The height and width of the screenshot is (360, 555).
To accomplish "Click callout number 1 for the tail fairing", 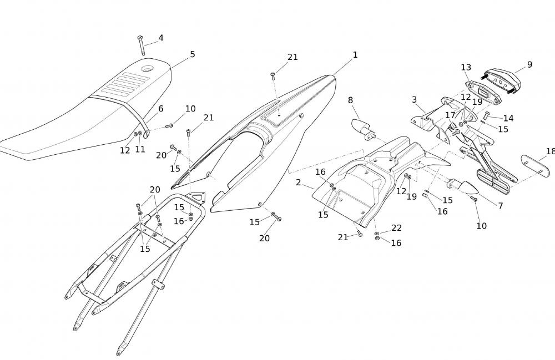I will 355,55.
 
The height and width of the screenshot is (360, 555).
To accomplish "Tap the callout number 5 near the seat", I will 193,54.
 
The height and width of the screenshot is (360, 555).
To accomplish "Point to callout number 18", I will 550,151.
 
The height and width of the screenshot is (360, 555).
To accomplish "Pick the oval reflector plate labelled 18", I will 536,166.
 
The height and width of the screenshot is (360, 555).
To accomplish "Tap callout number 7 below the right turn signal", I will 500,206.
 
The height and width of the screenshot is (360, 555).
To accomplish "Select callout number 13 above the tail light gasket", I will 466,68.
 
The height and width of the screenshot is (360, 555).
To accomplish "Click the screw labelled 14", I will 486,116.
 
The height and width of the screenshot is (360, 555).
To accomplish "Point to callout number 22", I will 396,228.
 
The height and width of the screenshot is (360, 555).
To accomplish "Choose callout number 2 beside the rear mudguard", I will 298,182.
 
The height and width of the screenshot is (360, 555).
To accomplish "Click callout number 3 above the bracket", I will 414,100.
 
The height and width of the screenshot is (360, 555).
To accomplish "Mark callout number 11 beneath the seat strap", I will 140,149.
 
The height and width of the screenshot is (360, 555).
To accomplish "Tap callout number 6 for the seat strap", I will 161,109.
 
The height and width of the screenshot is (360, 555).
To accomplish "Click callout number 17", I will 450,115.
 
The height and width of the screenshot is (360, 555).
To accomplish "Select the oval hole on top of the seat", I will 147,69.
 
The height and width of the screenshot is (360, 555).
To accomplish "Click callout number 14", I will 508,118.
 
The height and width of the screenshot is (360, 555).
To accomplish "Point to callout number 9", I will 529,64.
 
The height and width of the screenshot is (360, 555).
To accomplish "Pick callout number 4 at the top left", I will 161,38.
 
